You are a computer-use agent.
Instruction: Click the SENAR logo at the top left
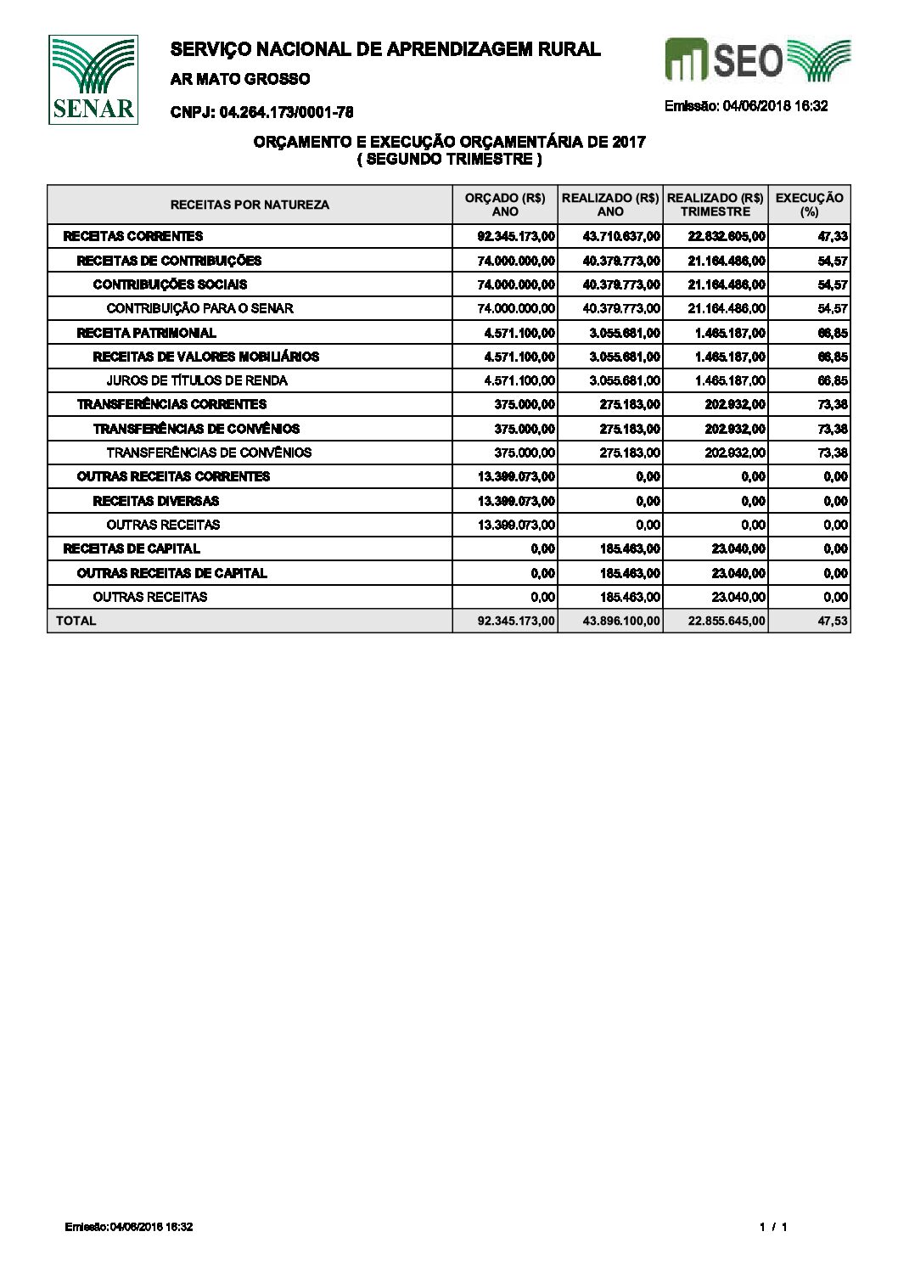pos(93,80)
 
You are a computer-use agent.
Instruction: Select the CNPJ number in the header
pos(262,112)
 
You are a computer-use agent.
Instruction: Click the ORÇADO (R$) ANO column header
pos(505,205)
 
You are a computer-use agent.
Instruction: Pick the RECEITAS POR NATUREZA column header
pos(250,205)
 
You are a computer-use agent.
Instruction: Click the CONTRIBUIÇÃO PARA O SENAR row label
pos(199,308)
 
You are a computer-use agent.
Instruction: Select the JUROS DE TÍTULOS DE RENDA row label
pos(197,380)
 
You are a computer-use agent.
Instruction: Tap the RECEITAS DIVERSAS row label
pos(155,501)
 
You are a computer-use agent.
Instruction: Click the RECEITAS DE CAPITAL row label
pos(132,548)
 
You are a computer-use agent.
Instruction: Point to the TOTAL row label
pos(76,621)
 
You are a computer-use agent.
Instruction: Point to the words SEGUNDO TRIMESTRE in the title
pos(449,159)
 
